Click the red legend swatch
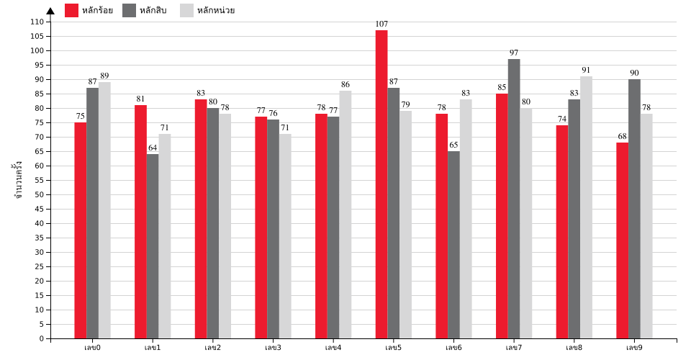coord(71,10)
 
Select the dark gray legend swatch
coord(129,10)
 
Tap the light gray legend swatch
coord(186,10)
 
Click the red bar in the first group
coord(80,230)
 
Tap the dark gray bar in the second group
coord(153,246)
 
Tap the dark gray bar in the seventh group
coord(453,245)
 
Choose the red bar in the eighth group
coord(502,216)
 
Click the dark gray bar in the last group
coord(634,209)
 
